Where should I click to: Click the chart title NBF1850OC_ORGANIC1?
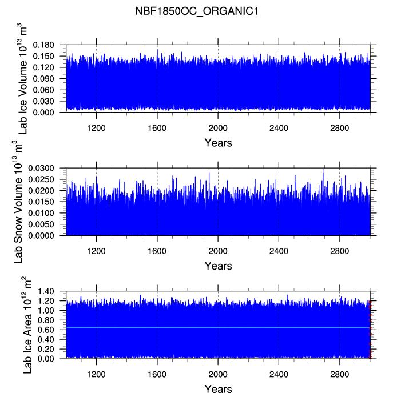pyautogui.click(x=196, y=11)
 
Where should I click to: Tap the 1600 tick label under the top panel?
pyautogui.click(x=157, y=127)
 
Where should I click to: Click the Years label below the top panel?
pyautogui.click(x=218, y=143)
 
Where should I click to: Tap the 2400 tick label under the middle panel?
pyautogui.click(x=279, y=250)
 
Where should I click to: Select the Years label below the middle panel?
pyautogui.click(x=218, y=266)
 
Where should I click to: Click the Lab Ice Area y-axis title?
pyautogui.click(x=27, y=325)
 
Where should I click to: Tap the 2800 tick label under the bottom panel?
pyautogui.click(x=339, y=374)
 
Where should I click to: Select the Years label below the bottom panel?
pyautogui.click(x=218, y=388)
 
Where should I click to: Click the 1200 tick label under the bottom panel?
pyautogui.click(x=96, y=374)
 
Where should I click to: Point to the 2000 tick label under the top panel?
pyautogui.click(x=218, y=127)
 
